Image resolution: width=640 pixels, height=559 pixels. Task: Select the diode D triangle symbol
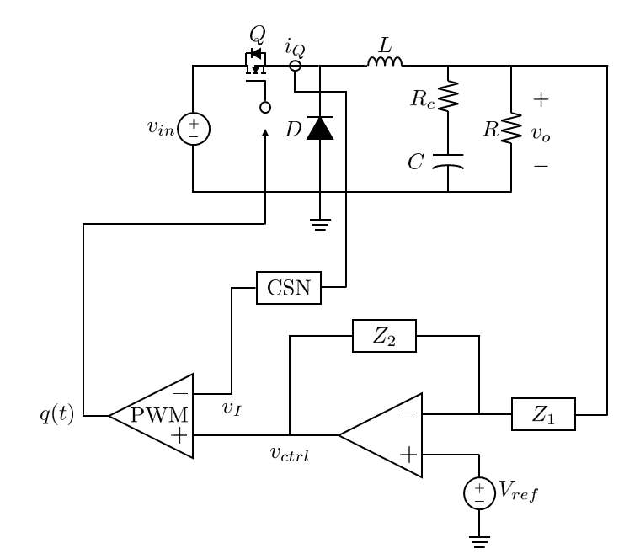[320, 128]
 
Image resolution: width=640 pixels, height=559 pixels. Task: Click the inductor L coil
[385, 61]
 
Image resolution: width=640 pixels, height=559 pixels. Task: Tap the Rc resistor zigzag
[448, 96]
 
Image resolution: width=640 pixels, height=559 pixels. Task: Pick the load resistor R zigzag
[511, 128]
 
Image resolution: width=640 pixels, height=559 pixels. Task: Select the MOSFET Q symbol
[256, 61]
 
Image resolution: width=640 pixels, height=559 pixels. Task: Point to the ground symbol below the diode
[320, 225]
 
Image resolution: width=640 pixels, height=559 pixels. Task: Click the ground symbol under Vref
[480, 542]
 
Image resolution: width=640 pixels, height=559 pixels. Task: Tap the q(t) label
[56, 413]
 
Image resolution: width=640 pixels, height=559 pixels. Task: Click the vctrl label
[290, 454]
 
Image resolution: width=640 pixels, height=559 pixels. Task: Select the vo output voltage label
[541, 133]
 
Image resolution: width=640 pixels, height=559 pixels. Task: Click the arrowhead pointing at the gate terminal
[265, 133]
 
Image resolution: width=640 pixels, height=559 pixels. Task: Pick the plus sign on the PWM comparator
[179, 435]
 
